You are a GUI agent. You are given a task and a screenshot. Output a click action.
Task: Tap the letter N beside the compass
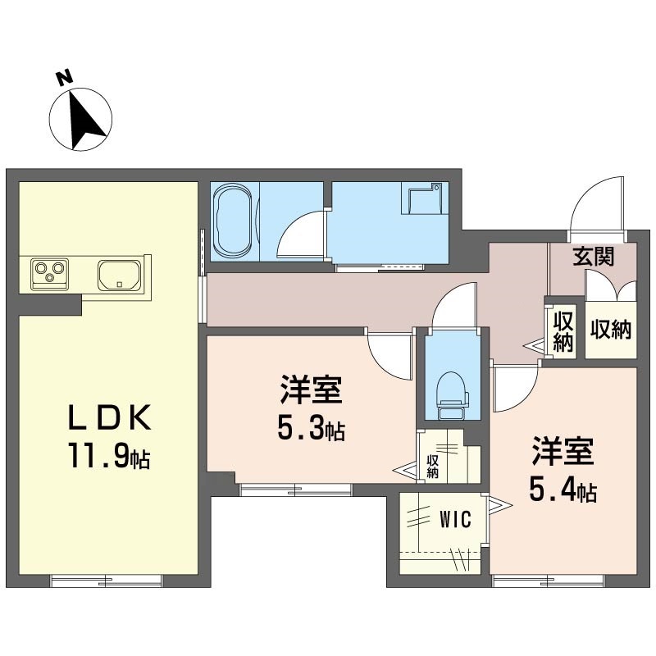63,78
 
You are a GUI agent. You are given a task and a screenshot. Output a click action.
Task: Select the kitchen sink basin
120,273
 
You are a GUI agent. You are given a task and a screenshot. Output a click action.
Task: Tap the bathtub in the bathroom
234,218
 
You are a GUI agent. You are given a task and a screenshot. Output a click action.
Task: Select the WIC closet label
454,519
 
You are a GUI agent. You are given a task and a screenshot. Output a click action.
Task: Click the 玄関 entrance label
592,257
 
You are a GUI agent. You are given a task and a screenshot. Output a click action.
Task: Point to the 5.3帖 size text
311,428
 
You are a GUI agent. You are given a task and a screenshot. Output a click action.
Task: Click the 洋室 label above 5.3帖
311,390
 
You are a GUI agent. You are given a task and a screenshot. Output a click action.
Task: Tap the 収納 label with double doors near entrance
610,330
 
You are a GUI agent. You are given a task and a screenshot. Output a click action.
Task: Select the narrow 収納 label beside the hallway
562,331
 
